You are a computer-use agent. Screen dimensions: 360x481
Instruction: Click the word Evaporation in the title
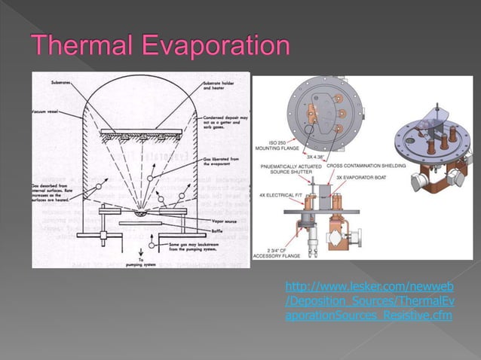pos(217,47)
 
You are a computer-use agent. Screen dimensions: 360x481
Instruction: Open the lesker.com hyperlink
pos(369,301)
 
